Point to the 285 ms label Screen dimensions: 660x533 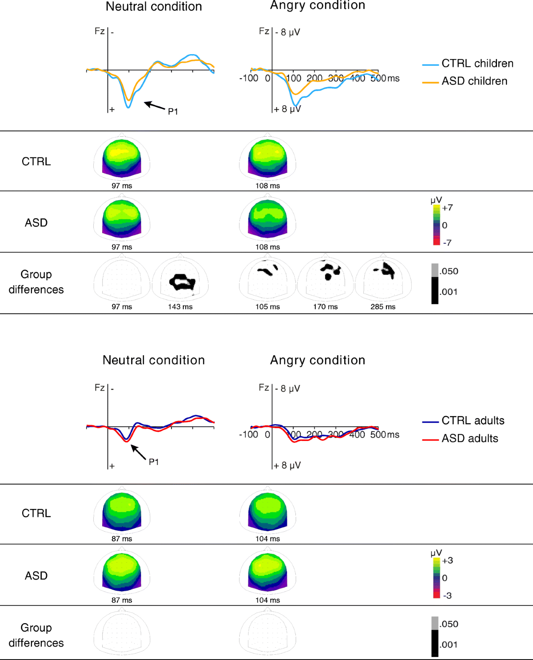pos(383,306)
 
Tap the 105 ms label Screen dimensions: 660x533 pos(267,306)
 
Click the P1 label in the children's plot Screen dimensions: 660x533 pos(173,111)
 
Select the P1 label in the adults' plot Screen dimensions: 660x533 pos(154,462)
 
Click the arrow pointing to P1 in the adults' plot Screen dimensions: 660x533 pos(138,453)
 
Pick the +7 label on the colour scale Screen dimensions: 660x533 pos(447,207)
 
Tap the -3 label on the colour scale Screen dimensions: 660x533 pos(447,595)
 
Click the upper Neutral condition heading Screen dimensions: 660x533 pos(154,7)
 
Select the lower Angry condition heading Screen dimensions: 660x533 pos(318,360)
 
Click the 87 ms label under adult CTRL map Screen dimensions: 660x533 pos(122,539)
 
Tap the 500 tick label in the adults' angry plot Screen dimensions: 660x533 pos(378,434)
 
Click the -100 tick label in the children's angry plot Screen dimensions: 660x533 pos(249,78)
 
